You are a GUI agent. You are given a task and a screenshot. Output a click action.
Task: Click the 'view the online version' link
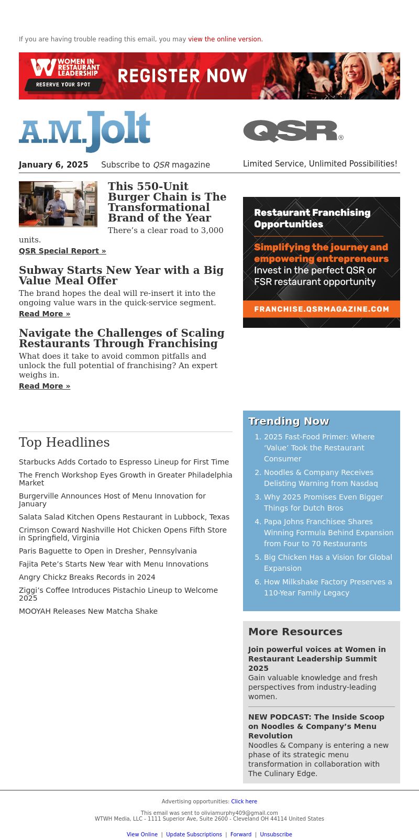click(225, 39)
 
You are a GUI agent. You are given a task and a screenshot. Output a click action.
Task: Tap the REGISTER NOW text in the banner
click(182, 76)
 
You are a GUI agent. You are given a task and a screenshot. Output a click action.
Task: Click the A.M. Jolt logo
click(84, 131)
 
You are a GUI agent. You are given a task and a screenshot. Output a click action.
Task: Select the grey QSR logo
click(293, 131)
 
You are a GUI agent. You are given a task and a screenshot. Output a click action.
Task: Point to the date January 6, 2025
click(53, 165)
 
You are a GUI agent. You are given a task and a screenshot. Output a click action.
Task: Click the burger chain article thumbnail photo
click(58, 204)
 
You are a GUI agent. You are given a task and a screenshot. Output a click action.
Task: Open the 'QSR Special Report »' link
click(62, 251)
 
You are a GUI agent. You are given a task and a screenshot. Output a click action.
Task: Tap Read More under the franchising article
click(45, 386)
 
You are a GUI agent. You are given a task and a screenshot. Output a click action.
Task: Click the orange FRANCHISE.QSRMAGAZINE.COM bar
click(322, 309)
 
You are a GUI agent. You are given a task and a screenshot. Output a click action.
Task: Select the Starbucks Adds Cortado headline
click(124, 462)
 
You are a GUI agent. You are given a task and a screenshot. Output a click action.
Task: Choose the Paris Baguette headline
click(108, 551)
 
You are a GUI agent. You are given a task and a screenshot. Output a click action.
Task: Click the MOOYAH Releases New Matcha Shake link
click(88, 611)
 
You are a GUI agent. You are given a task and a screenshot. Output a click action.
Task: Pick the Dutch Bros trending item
click(323, 502)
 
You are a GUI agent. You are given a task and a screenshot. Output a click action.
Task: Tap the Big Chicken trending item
click(328, 562)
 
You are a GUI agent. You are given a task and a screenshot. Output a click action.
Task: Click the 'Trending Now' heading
click(289, 421)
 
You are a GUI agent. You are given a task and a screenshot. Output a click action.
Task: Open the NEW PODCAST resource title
click(316, 726)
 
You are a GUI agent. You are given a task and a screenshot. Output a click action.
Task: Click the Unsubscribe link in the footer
click(276, 834)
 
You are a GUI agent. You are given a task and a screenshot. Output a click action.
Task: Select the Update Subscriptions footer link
click(194, 834)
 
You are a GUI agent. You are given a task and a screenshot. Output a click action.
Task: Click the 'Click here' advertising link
click(244, 801)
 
